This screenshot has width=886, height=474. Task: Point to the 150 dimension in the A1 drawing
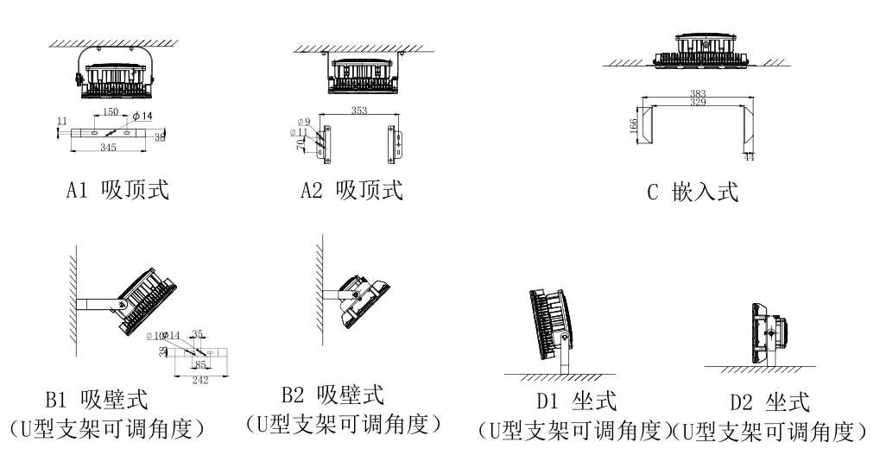(x=111, y=113)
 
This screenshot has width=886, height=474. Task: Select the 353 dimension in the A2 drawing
(x=359, y=111)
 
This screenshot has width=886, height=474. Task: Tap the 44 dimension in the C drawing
(x=748, y=156)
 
